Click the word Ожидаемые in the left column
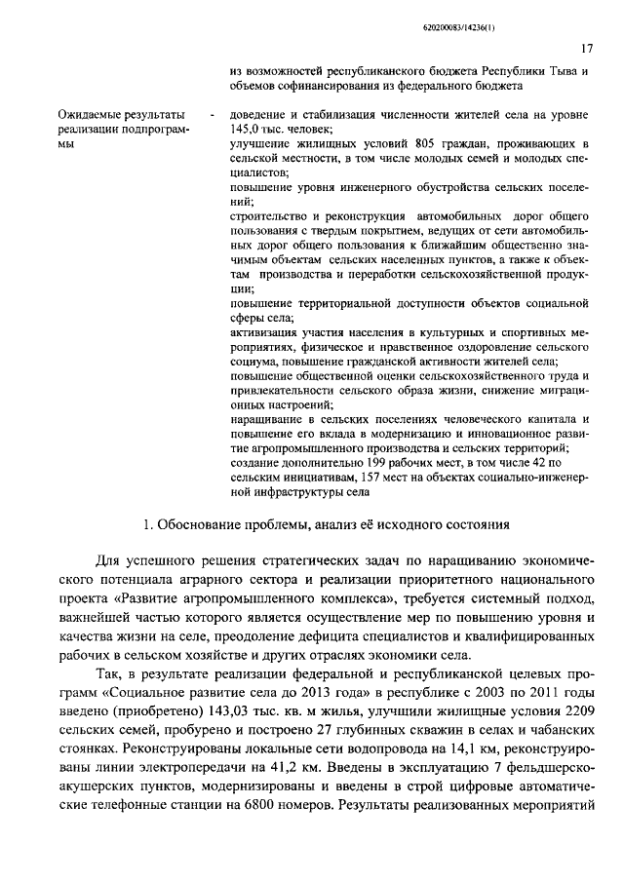click(x=92, y=116)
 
